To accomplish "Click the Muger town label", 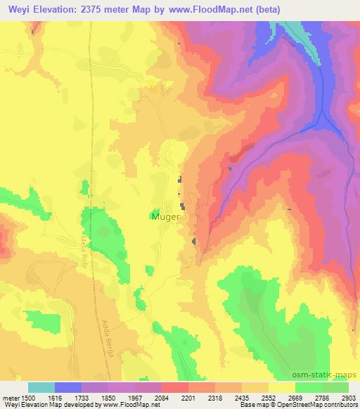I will click(165, 217).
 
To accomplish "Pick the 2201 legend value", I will click(188, 397).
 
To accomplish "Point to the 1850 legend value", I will click(108, 397).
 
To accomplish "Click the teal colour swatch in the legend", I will click(41, 387).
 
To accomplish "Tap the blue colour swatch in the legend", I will click(68, 387).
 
